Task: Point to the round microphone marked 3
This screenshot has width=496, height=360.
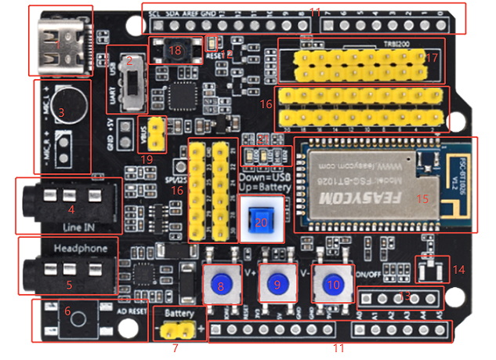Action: point(69,111)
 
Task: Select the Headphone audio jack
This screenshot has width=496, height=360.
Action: point(67,271)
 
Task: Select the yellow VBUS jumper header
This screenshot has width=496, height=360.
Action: point(157,133)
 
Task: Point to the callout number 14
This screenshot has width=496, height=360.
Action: point(459,269)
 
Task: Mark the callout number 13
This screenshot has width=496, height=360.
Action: point(404,296)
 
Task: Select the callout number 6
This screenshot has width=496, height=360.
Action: point(67,311)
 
